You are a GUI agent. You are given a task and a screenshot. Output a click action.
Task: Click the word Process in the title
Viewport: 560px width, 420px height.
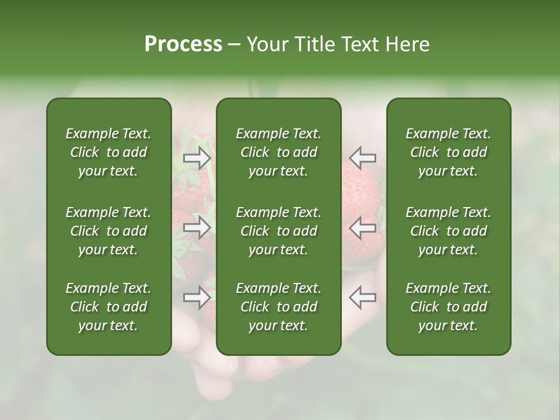click(183, 44)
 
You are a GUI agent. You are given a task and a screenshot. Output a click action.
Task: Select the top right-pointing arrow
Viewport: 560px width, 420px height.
click(197, 158)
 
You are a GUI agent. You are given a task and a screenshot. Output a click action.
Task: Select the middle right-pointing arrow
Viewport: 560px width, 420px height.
click(197, 228)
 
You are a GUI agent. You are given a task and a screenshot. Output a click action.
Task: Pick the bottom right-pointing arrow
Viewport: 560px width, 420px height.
click(197, 297)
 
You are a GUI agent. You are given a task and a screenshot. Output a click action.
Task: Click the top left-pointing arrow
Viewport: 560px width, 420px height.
click(363, 158)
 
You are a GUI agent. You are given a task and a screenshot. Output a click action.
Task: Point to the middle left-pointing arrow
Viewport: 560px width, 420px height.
click(363, 228)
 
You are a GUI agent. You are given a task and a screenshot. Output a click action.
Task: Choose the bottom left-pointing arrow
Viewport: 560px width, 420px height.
click(363, 297)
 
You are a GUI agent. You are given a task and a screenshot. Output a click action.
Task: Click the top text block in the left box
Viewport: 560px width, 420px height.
click(108, 152)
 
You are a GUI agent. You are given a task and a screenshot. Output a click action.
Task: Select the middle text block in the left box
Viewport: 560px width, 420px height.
click(108, 231)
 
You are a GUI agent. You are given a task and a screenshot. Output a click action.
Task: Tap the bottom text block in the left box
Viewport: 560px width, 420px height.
click(108, 307)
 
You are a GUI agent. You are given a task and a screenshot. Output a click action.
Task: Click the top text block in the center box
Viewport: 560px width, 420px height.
click(278, 152)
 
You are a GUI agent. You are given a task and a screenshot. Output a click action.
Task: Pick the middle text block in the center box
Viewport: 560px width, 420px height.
click(278, 231)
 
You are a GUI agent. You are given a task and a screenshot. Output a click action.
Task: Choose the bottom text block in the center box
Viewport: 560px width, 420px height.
click(278, 307)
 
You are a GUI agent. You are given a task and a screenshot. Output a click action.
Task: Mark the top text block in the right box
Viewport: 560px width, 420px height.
click(448, 152)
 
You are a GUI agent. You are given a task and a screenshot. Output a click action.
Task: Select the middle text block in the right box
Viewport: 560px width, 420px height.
click(448, 231)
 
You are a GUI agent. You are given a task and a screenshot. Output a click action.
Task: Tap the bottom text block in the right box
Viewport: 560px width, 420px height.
click(448, 307)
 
